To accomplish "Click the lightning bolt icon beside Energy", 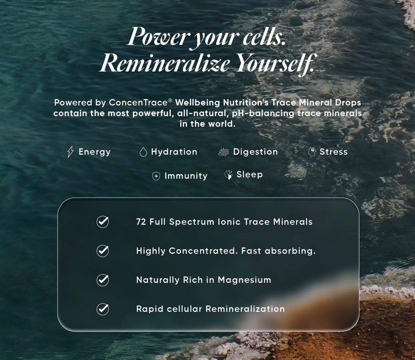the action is (x=70, y=152).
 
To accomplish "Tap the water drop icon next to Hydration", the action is (x=143, y=152).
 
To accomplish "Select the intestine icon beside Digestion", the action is (x=224, y=152).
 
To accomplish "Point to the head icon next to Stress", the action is (x=312, y=152).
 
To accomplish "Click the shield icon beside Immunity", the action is (x=156, y=176).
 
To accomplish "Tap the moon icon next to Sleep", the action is (x=228, y=175).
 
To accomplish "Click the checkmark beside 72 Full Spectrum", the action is (x=103, y=222).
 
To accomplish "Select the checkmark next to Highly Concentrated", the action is (x=103, y=251).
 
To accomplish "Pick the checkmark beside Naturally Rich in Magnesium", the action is (x=103, y=280).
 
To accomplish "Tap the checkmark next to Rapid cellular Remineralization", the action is (x=103, y=309).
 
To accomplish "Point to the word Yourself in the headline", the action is (x=275, y=63).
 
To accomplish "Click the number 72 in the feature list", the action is (x=141, y=222).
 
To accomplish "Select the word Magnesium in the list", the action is (x=245, y=280).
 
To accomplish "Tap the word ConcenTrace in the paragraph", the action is (x=139, y=103).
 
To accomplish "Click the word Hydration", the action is (x=174, y=152).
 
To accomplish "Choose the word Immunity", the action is (x=186, y=176).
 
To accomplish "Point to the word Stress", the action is (x=333, y=152).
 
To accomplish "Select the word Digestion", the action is (x=256, y=152).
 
